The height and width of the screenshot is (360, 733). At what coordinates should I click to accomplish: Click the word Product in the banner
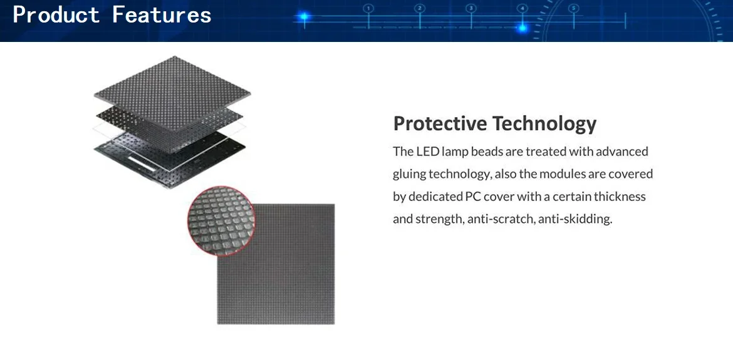pyautogui.click(x=56, y=15)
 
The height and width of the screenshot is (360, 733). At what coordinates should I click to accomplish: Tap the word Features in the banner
pyautogui.click(x=162, y=15)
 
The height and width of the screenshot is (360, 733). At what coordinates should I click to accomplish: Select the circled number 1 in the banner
pyautogui.click(x=368, y=8)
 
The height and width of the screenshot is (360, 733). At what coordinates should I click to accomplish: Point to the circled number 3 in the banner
pyautogui.click(x=471, y=8)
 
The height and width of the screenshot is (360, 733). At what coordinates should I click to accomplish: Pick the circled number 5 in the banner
pyautogui.click(x=574, y=8)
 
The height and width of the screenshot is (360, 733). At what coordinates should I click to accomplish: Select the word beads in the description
pyautogui.click(x=488, y=152)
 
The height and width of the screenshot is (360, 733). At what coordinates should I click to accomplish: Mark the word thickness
pyautogui.click(x=620, y=197)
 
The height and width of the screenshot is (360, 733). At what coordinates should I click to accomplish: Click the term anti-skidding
pyautogui.click(x=575, y=219)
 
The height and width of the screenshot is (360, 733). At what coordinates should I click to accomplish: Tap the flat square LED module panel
pyautogui.click(x=276, y=264)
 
